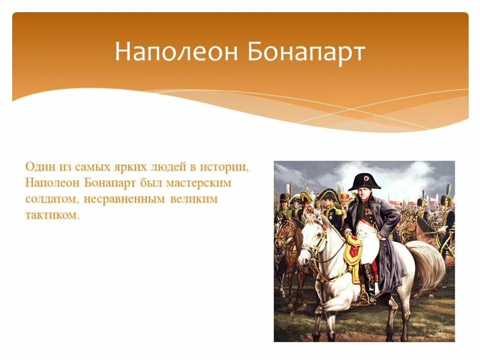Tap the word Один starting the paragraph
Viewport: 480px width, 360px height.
click(39, 166)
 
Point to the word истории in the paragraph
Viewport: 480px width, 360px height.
click(224, 166)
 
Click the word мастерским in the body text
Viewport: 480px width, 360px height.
click(203, 183)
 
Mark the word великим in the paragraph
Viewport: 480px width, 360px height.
click(195, 199)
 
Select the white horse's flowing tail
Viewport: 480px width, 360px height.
click(427, 267)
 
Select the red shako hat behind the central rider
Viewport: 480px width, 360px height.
click(345, 196)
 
